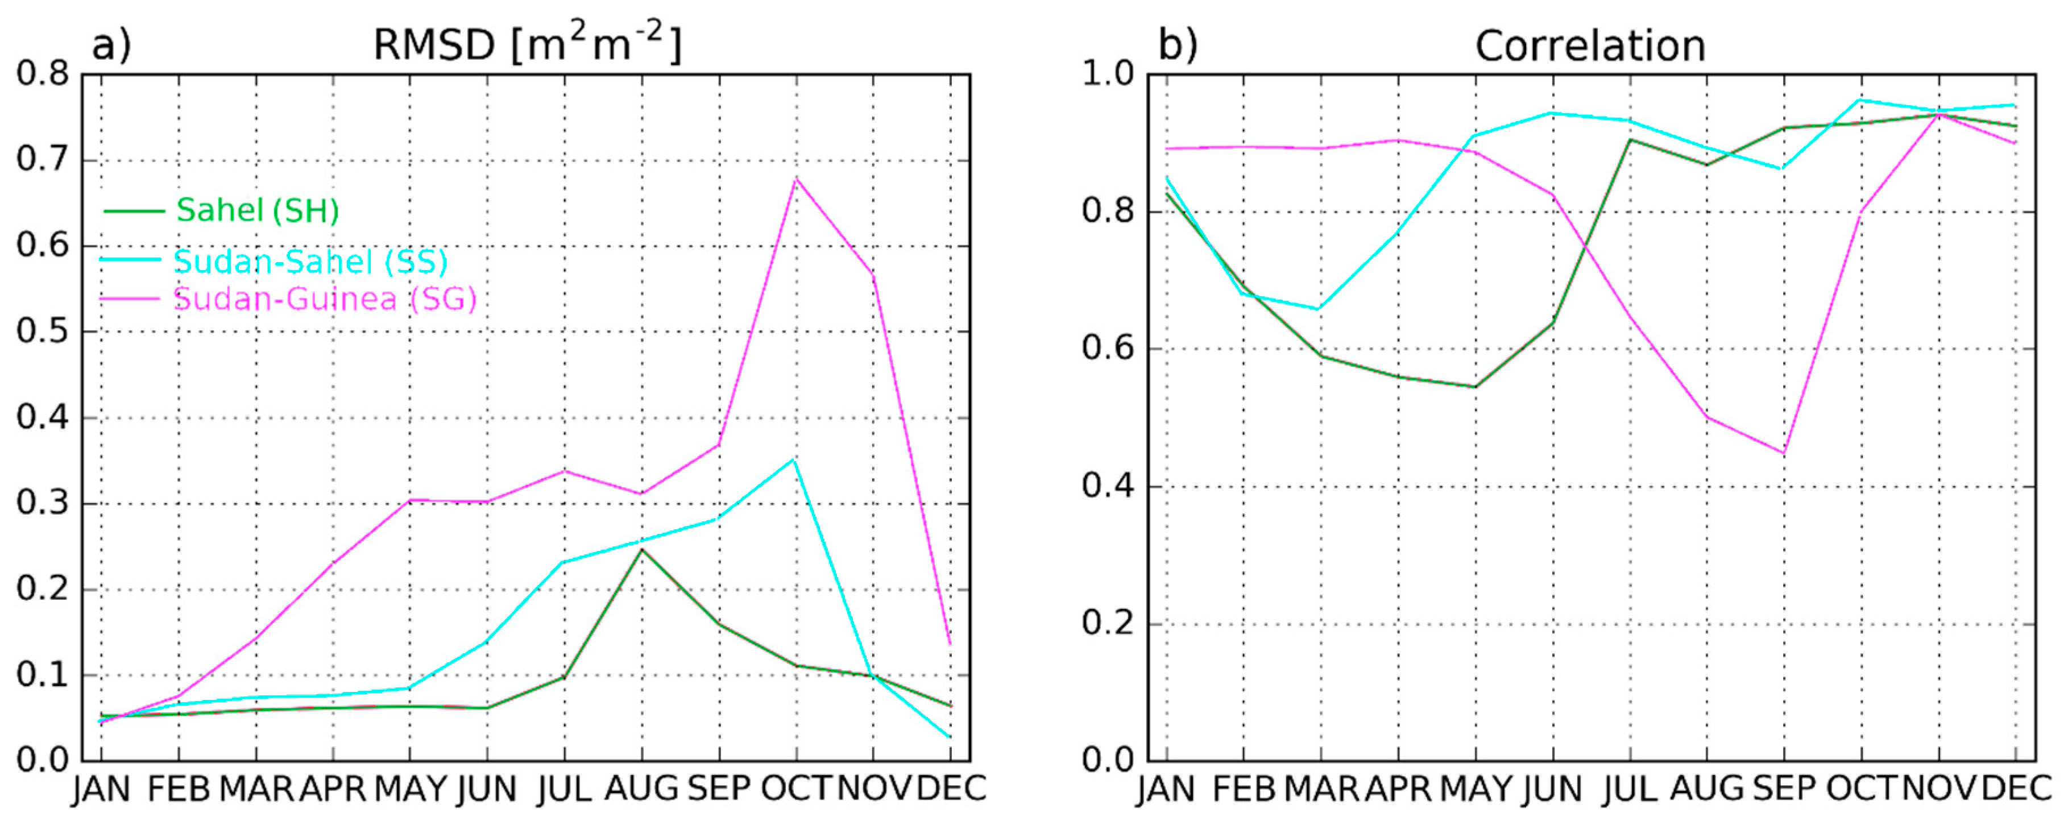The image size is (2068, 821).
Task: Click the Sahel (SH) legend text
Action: point(257,210)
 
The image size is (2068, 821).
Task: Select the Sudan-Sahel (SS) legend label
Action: point(310,261)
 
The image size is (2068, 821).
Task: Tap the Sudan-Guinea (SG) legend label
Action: point(325,298)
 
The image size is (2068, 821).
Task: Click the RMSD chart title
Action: point(528,44)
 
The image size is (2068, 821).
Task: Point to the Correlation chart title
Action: point(1590,45)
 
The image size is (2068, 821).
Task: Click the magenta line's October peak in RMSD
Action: point(795,178)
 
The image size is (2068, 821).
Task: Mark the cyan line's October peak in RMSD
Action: point(794,459)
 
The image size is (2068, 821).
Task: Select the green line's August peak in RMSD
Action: point(641,549)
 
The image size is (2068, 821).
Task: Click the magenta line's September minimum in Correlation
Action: point(1784,453)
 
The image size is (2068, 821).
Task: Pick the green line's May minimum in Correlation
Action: point(1475,387)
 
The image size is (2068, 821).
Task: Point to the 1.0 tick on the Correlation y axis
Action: point(1108,74)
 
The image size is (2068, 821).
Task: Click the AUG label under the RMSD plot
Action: point(641,789)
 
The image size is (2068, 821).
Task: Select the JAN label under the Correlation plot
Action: point(1166,789)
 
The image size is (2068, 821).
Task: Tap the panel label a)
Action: point(111,45)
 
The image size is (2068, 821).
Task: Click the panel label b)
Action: point(1177,45)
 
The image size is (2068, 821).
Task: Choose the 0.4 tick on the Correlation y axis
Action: point(1108,486)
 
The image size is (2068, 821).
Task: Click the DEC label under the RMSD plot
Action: point(951,789)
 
